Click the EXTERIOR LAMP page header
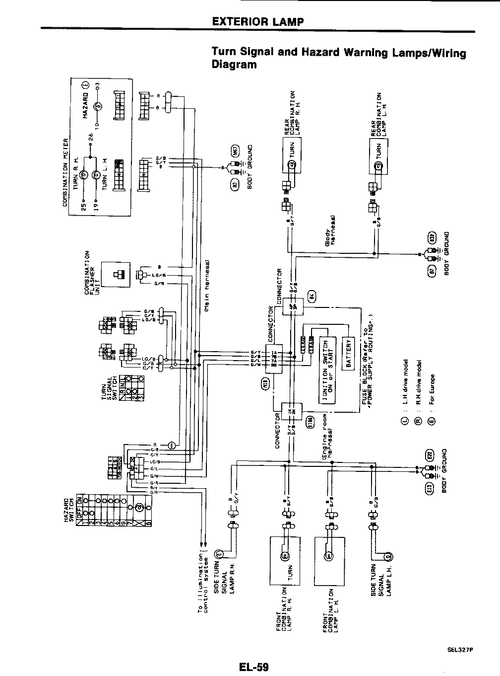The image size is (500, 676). [x=257, y=21]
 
